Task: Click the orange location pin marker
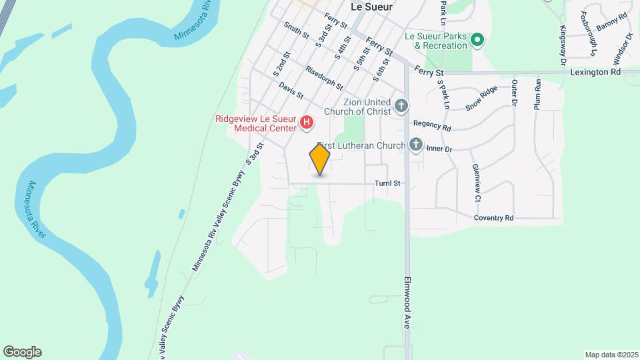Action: (320, 159)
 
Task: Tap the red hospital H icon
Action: (306, 122)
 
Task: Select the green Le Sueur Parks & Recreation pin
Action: (477, 40)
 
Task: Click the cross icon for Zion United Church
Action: (401, 105)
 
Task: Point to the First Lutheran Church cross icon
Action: (416, 145)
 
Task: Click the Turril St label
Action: (387, 183)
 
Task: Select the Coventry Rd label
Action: (494, 218)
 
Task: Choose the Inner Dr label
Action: (439, 149)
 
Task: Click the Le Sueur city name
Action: (371, 6)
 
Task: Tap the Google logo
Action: (22, 352)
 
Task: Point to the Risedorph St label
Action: (324, 78)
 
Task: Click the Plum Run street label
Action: (537, 94)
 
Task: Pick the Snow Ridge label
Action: (482, 97)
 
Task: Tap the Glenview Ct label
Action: (477, 183)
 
